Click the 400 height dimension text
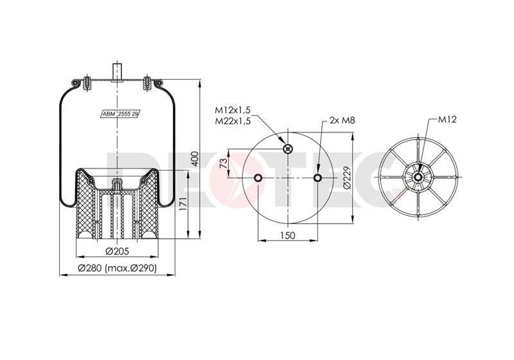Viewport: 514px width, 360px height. tap(195, 159)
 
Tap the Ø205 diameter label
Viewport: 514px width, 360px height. tap(117, 251)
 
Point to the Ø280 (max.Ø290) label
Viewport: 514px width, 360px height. tap(117, 268)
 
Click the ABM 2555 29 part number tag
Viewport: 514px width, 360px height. tap(120, 114)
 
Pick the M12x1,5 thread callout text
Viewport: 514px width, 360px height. tap(233, 109)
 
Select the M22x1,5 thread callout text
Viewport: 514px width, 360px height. tap(233, 121)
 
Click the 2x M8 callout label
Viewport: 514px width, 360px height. tap(342, 120)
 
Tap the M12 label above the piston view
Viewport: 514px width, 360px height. tap(447, 120)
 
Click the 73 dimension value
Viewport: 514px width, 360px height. tap(223, 163)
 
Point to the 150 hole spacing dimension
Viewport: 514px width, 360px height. tap(288, 235)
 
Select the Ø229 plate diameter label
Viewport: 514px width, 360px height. tap(347, 177)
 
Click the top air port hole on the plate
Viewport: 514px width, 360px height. tap(287, 149)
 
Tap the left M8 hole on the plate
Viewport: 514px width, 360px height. tap(258, 177)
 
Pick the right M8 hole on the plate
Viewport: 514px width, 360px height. tap(317, 177)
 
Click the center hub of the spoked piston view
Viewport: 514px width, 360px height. tap(418, 177)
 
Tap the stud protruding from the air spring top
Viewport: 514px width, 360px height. tap(117, 71)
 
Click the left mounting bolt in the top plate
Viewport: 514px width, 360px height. tap(87, 84)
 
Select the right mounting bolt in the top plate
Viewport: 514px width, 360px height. tap(146, 84)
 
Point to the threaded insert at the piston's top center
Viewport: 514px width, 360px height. tap(117, 184)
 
